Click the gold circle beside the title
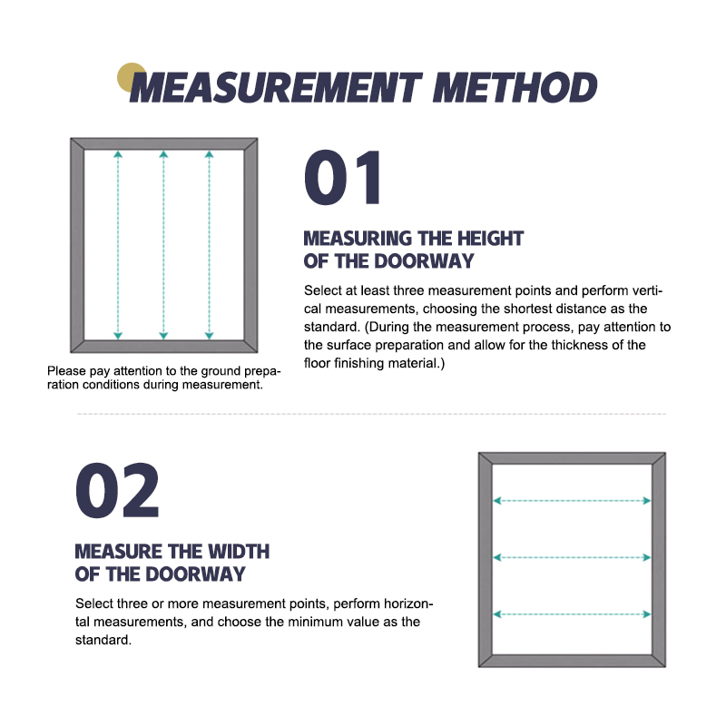(132, 77)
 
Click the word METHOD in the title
(515, 87)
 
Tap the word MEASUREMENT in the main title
(276, 87)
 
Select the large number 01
(343, 177)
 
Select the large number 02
(118, 491)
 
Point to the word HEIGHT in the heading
(490, 239)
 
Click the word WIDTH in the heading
(239, 552)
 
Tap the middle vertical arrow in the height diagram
(163, 245)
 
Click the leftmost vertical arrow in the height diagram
(118, 245)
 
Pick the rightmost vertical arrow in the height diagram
(210, 245)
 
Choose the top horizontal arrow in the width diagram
(573, 501)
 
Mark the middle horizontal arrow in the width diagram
(573, 557)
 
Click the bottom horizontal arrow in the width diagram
(573, 614)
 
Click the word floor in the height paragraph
(317, 363)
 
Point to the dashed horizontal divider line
(372, 414)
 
